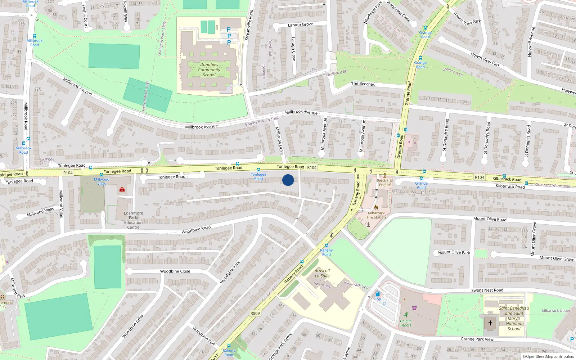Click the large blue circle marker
point(288,180)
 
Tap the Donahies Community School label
point(209,70)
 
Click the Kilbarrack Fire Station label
point(376,215)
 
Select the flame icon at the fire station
point(376,207)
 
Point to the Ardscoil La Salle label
point(322,273)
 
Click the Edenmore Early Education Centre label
point(133,220)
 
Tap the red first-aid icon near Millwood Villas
point(122,189)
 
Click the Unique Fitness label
point(406,323)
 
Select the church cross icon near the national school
point(490,323)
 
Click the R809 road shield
point(255,313)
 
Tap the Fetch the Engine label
point(385,183)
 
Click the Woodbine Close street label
point(175,271)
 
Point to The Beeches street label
point(363,84)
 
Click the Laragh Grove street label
point(300,25)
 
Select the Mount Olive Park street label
point(454,252)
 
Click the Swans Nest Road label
point(487,290)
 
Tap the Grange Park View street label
point(477,339)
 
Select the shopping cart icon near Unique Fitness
point(414,308)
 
